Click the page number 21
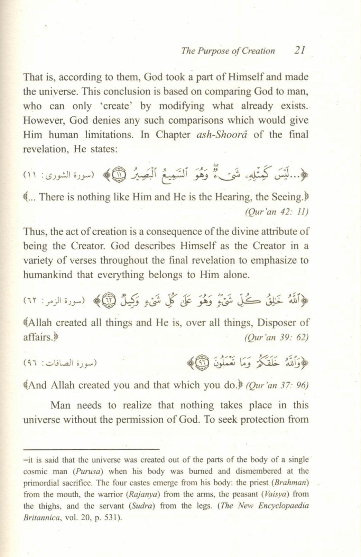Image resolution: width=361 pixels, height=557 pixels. [x=298, y=51]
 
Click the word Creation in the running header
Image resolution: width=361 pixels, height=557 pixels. [x=259, y=51]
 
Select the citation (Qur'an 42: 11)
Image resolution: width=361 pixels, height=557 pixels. [x=275, y=212]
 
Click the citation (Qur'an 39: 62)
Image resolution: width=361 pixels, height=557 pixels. [x=275, y=338]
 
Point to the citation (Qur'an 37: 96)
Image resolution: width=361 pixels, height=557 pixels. [x=277, y=386]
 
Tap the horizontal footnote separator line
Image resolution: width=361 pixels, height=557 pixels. [x=91, y=449]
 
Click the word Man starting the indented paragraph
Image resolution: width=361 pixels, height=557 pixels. [x=60, y=405]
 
